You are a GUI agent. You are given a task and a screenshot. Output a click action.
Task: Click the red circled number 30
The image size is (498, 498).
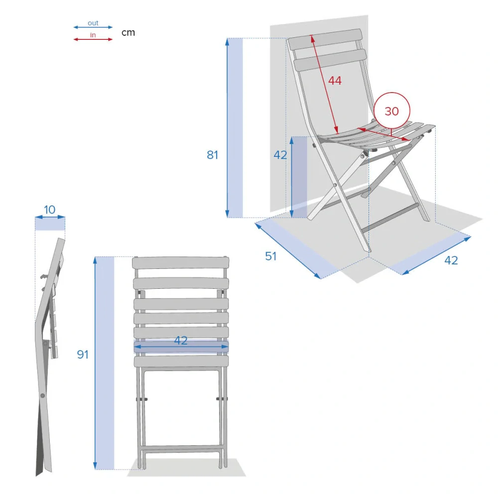391,111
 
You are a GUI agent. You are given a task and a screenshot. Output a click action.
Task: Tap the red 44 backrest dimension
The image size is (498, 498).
335,81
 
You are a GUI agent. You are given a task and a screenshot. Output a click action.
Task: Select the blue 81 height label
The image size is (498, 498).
213,155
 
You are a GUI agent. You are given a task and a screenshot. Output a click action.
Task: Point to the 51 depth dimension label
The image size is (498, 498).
271,256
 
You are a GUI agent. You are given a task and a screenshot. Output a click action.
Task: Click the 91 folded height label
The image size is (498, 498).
83,355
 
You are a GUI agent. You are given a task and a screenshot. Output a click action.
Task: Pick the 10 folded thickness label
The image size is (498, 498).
49,210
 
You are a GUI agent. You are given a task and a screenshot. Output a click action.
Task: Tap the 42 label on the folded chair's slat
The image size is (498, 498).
181,341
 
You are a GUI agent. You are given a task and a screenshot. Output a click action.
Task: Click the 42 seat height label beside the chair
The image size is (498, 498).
280,155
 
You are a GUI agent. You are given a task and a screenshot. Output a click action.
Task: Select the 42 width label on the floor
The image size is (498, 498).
451,260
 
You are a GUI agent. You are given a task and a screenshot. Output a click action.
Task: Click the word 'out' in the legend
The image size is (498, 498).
93,23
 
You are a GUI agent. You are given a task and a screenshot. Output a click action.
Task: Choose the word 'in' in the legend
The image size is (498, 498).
93,35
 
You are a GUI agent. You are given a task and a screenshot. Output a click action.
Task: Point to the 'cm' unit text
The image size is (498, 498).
128,33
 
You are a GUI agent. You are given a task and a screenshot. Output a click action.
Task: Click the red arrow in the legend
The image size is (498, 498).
93,39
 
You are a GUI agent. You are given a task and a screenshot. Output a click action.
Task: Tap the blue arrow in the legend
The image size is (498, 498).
93,27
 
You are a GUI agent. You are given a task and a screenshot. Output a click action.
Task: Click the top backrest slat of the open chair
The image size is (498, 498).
325,39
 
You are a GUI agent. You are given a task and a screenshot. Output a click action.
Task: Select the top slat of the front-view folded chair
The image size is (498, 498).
180,263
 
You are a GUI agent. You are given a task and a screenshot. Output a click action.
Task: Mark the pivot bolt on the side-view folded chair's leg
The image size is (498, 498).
42,396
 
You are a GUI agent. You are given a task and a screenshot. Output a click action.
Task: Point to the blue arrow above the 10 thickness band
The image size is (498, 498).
50,217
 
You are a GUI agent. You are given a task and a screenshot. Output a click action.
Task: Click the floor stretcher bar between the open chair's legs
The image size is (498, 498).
390,218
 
